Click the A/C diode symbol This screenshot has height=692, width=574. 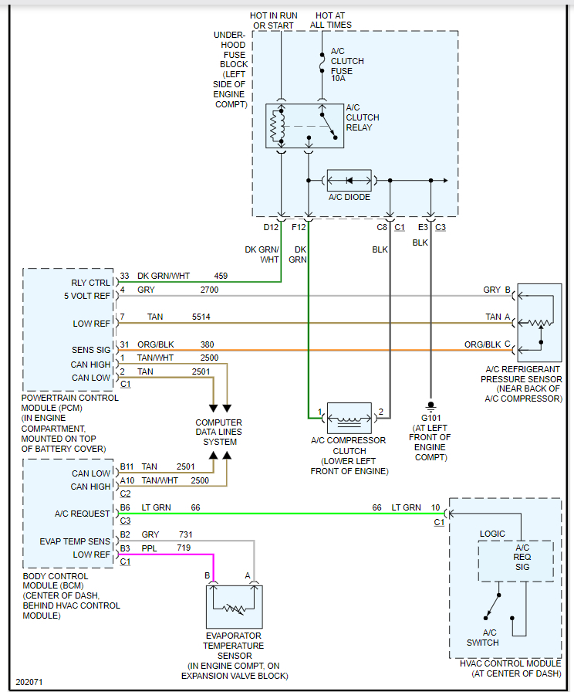pyautogui.click(x=349, y=181)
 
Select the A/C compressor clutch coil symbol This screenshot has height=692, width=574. pyautogui.click(x=349, y=418)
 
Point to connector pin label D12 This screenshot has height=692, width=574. pyautogui.click(x=271, y=227)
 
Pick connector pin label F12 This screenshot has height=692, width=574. pyautogui.click(x=299, y=227)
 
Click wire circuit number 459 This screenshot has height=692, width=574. pyautogui.click(x=221, y=276)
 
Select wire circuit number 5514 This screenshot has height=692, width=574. pyautogui.click(x=201, y=317)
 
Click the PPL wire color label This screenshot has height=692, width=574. pyautogui.click(x=150, y=547)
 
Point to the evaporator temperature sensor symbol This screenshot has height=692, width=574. pyautogui.click(x=234, y=606)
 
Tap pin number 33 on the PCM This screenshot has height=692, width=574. pyautogui.click(x=124, y=276)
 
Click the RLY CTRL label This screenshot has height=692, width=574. pyautogui.click(x=90, y=283)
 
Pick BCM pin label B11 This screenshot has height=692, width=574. pyautogui.click(x=126, y=466)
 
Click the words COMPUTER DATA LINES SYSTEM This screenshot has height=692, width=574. pyautogui.click(x=220, y=432)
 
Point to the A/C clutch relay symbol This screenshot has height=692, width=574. pyautogui.click(x=303, y=126)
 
